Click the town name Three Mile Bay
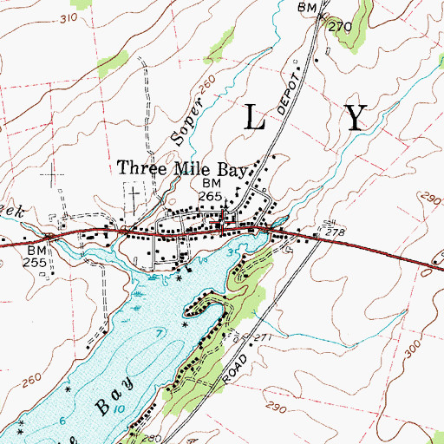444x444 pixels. tap(183, 169)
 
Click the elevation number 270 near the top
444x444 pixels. tap(341, 27)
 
